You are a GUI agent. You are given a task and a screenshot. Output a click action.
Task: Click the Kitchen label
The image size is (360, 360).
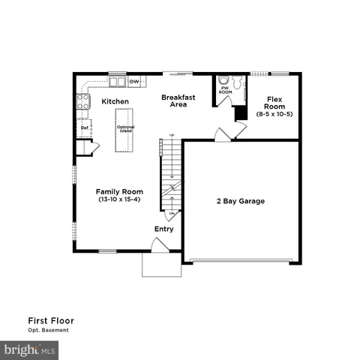click(115, 101)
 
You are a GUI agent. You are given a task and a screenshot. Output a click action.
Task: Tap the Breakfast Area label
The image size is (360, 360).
click(178, 101)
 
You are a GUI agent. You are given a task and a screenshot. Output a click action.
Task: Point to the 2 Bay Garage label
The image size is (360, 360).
click(241, 201)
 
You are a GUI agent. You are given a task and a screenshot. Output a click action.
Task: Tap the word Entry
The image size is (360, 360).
click(164, 229)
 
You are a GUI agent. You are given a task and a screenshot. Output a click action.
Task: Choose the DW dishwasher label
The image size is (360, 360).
click(136, 81)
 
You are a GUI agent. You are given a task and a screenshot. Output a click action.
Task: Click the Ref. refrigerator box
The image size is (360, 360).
click(85, 127)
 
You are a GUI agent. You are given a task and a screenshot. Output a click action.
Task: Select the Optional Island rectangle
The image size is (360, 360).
click(124, 130)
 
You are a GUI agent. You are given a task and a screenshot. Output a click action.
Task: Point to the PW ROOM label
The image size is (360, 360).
click(223, 90)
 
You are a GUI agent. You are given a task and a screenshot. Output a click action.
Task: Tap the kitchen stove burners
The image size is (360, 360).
click(83, 101)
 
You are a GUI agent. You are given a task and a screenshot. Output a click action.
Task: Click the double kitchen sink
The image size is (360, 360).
click(117, 80)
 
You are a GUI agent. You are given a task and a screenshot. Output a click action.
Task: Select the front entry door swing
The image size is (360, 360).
click(159, 244)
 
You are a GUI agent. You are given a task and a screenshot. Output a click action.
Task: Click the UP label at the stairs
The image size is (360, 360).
click(172, 135)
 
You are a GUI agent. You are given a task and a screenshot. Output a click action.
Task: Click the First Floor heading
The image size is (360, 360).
click(51, 320)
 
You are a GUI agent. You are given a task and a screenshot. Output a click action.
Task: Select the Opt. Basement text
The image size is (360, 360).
click(49, 331)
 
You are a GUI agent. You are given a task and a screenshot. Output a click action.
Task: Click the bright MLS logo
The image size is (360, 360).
click(30, 349)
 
